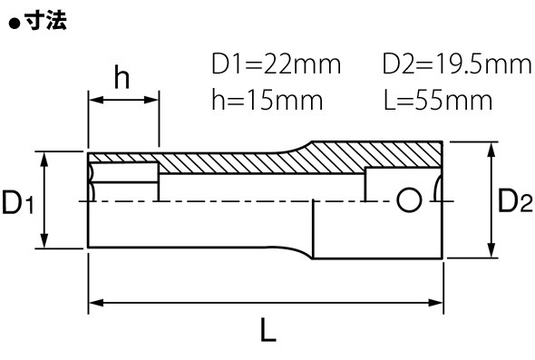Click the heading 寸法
[x=46, y=22]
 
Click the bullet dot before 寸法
[x=15, y=24]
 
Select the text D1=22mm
[x=276, y=63]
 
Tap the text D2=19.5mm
[x=457, y=63]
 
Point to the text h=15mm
[x=267, y=100]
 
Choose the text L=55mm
[x=438, y=100]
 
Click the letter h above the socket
[x=122, y=77]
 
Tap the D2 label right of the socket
[x=515, y=200]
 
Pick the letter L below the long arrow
[x=267, y=330]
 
